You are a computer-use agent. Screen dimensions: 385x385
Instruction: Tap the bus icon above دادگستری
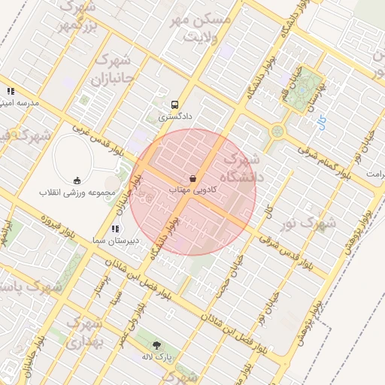pos(175,105)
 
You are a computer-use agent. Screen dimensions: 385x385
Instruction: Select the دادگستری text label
pos(175,117)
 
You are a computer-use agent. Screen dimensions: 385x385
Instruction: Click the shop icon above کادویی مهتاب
pos(192,179)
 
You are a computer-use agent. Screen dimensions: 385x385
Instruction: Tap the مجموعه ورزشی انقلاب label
pos(77,192)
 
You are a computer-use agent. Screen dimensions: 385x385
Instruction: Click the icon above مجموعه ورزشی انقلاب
pos(77,180)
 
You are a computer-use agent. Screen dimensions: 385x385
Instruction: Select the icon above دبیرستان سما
pos(115,229)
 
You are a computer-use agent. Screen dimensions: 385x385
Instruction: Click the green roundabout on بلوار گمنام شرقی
pos(277,132)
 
